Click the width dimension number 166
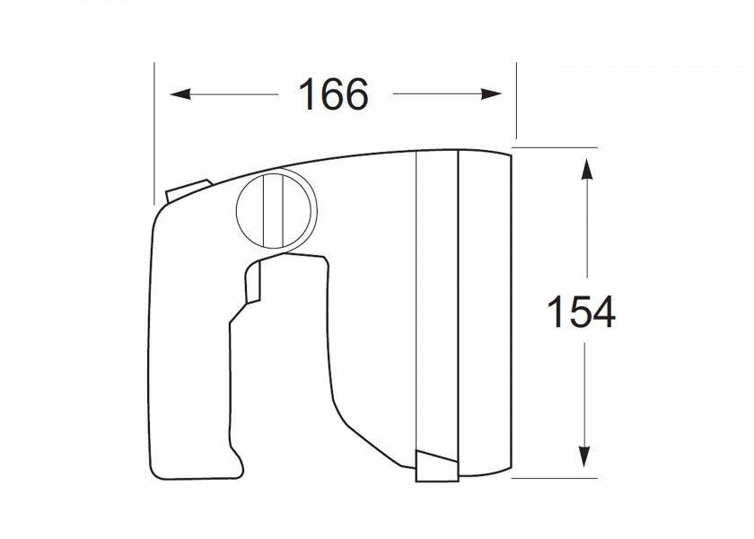(333, 93)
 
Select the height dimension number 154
(581, 312)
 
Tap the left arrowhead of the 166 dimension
(180, 93)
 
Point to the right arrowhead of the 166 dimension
(491, 93)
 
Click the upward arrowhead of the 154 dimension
(585, 169)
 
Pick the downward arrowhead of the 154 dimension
(584, 456)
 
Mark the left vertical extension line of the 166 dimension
(154, 133)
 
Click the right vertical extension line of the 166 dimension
(516, 101)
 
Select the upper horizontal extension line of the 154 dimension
(554, 147)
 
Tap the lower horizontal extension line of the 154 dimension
(554, 478)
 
